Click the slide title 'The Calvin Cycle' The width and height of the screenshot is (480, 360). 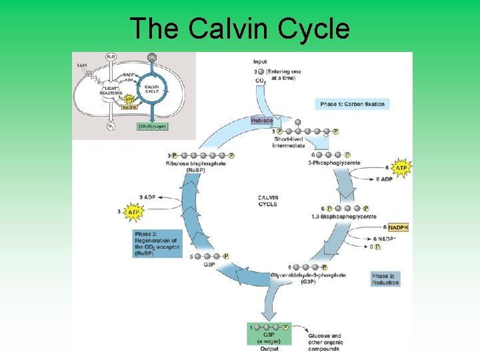pyautogui.click(x=239, y=29)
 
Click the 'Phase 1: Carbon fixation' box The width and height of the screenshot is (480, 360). pyautogui.click(x=353, y=104)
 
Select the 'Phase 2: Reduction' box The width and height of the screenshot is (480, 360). pyautogui.click(x=386, y=279)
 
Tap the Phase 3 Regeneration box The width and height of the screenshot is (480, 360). pyautogui.click(x=156, y=244)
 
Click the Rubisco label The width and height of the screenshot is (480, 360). pyautogui.click(x=262, y=121)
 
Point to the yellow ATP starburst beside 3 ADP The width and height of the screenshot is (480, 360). pyautogui.click(x=133, y=212)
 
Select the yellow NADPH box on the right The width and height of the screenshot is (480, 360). pyautogui.click(x=397, y=227)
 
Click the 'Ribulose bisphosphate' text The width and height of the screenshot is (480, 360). pyautogui.click(x=196, y=163)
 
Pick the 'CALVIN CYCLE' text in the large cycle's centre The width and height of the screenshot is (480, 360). pyautogui.click(x=267, y=201)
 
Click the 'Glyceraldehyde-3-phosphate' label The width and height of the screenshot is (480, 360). pyautogui.click(x=308, y=275)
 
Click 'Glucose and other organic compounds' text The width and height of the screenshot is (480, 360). pyautogui.click(x=325, y=342)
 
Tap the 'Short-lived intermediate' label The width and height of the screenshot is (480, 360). pyautogui.click(x=289, y=142)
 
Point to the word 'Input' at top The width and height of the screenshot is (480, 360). pyautogui.click(x=260, y=62)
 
